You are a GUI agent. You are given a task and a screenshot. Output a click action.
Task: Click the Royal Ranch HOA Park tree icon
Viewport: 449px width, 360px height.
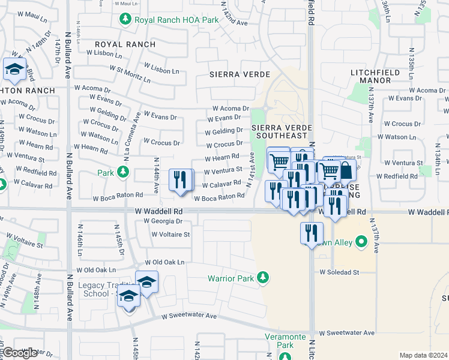click(125, 20)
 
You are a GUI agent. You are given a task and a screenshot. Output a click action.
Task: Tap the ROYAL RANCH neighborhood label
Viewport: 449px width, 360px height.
click(125, 44)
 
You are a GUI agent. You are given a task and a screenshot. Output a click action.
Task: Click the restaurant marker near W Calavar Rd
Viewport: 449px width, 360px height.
click(181, 179)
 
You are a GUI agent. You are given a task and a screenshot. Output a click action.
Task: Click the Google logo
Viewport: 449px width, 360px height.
click(19, 353)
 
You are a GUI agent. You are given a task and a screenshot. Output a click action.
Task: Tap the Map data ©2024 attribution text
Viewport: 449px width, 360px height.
click(423, 355)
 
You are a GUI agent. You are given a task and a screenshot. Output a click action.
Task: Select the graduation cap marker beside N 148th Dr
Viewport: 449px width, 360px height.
click(14, 70)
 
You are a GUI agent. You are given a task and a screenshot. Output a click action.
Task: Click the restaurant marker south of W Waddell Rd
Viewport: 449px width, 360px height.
click(311, 233)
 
